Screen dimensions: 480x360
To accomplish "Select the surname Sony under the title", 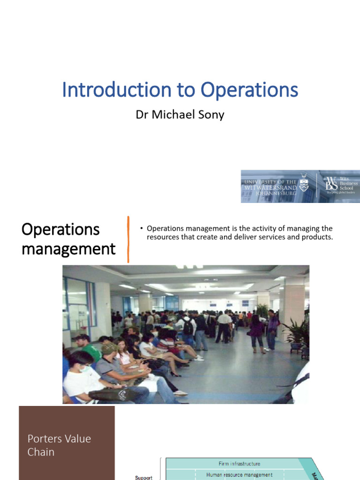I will point(213,115).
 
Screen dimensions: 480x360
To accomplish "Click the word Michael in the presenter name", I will point(175,115).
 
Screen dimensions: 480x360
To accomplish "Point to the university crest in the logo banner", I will point(304,182).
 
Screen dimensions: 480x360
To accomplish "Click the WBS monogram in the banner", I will point(331,186).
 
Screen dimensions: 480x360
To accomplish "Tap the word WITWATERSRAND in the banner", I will point(270,187).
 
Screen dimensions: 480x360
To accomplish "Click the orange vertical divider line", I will point(128,239).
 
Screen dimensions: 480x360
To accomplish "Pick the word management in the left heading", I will point(68,248).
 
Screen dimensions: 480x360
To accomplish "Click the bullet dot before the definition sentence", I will point(141,229).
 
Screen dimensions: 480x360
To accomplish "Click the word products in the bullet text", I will point(317,237).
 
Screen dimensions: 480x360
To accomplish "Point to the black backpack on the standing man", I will point(187,327).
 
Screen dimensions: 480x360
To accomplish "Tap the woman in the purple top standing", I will point(256,330).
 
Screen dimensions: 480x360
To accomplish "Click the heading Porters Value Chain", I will point(59,445).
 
